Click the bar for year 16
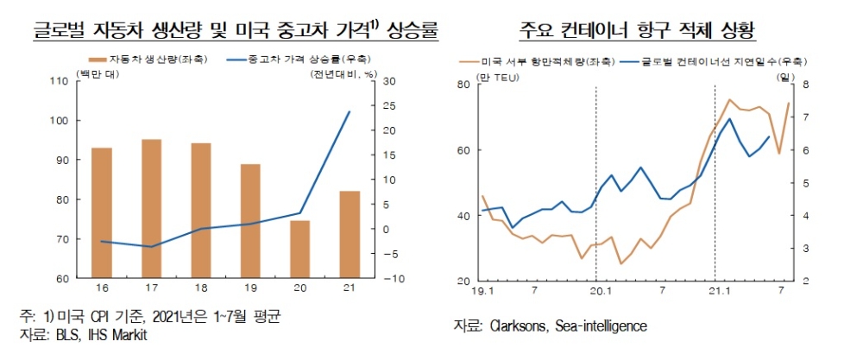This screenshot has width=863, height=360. (102, 212)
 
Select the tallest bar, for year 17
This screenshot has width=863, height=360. (151, 208)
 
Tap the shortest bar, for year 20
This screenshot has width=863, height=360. (299, 249)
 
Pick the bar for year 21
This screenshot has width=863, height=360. (349, 234)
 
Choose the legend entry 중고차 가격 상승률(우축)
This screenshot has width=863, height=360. (299, 61)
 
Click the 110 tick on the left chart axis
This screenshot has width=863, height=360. (60, 81)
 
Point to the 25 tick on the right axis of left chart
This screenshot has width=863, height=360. (387, 106)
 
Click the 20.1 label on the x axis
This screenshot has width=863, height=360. (596, 293)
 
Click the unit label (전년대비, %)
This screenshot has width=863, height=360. (344, 74)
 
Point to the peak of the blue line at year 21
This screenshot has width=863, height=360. (349, 111)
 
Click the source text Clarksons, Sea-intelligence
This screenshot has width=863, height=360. (550, 325)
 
